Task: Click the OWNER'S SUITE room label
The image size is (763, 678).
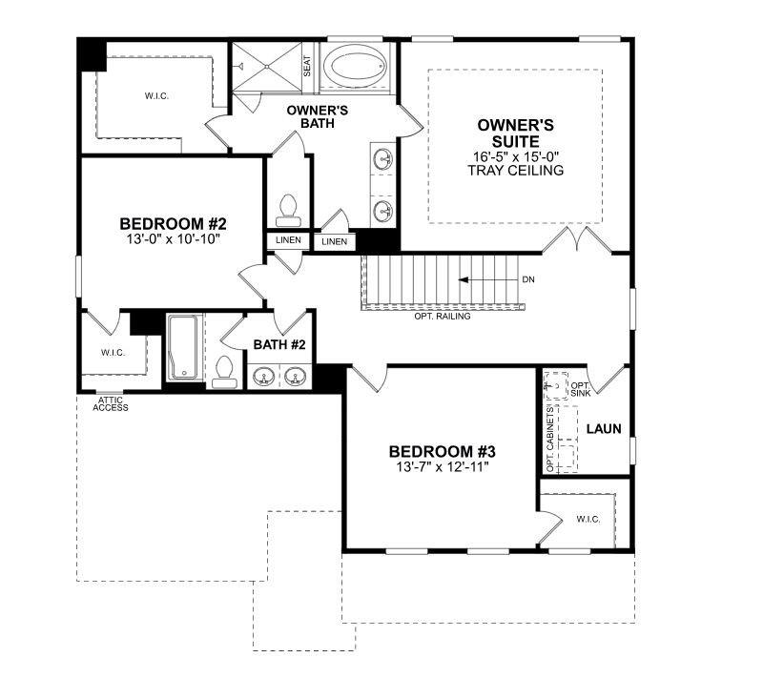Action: coord(515,134)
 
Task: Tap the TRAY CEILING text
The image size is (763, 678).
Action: coord(516,171)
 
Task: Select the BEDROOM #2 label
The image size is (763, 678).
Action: coord(173,224)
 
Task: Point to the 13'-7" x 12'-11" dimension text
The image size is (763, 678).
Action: coord(442,468)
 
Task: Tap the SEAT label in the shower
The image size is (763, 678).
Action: coord(307,66)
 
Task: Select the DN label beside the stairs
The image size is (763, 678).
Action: coord(528,280)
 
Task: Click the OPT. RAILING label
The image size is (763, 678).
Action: coord(442,317)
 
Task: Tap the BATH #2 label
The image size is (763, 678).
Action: coord(278,344)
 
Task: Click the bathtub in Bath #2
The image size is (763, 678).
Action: coord(183,348)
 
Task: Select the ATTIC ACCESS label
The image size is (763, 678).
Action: coord(111,403)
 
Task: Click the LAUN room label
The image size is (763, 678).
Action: coord(603,429)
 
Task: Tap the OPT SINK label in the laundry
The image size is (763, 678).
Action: coord(580,389)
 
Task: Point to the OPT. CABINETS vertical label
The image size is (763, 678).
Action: coord(550,438)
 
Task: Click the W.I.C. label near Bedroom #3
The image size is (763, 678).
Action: coord(588,520)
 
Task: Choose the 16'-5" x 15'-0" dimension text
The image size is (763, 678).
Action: coord(515,156)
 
